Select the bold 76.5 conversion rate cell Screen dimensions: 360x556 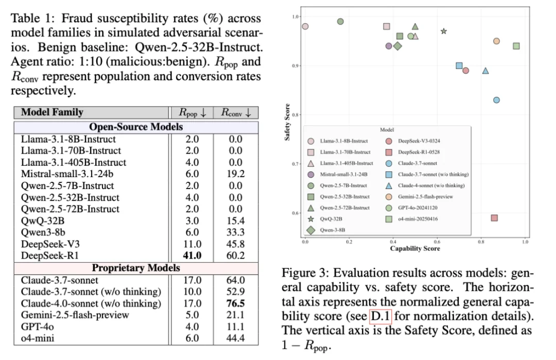tap(235, 303)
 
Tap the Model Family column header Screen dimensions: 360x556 tap(52, 112)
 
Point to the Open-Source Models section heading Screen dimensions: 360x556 tap(136, 127)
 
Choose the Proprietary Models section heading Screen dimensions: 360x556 tap(136, 268)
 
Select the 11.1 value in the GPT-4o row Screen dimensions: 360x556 tap(235, 327)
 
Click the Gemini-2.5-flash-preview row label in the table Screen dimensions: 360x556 tap(75, 315)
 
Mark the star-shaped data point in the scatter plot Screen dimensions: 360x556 tap(444, 31)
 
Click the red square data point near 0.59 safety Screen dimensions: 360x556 tap(494, 218)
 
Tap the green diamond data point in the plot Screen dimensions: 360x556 tap(397, 46)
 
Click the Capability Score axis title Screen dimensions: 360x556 tap(415, 249)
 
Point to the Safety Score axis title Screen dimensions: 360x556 tap(288, 123)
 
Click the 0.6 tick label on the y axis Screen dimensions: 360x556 tap(295, 213)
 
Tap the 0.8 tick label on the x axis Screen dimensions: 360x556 tap(481, 242)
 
